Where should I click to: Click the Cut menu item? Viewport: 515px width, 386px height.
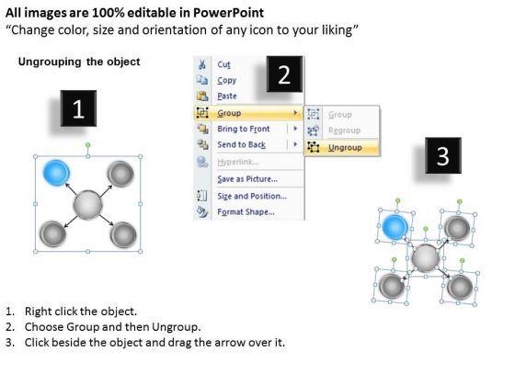point(223,64)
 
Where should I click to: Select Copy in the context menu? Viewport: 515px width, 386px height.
point(226,80)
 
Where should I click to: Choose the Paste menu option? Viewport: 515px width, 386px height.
point(227,96)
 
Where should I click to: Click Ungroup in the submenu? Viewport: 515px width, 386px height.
point(345,148)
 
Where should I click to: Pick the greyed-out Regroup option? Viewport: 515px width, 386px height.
point(344,131)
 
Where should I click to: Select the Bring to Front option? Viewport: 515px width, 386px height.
point(244,129)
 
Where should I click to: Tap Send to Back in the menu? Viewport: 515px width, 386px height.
point(241,144)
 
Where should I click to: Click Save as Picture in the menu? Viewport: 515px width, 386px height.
point(247,179)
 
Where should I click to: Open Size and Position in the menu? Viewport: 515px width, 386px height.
point(252,196)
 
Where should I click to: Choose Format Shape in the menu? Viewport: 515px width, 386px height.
point(246,211)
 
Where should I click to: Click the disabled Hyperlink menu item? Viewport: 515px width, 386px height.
point(238,162)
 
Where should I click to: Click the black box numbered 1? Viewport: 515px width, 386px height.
point(78,108)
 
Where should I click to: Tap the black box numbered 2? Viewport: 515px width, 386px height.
point(284,74)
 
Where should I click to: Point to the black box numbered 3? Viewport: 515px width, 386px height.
point(443,155)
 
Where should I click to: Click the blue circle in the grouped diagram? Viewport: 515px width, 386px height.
point(56,173)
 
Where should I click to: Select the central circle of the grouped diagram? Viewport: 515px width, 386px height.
point(87,204)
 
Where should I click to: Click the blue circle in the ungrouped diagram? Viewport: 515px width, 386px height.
point(395,227)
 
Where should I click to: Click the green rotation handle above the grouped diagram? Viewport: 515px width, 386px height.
point(87,145)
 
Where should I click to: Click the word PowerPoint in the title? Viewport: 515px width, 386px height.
point(228,13)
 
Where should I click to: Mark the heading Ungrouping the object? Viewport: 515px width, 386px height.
point(79,62)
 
